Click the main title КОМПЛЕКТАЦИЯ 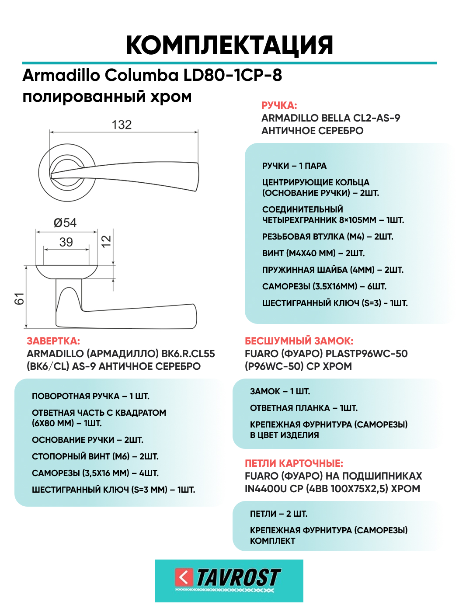tap(229, 45)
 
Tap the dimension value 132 tap(122, 125)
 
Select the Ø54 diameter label tap(65, 223)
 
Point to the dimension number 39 tap(66, 242)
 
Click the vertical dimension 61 tap(20, 299)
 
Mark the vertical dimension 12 tap(106, 241)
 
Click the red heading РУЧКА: tap(279, 105)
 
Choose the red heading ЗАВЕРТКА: tap(53, 341)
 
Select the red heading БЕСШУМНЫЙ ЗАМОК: tap(299, 341)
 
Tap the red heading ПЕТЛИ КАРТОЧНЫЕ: tap(294, 463)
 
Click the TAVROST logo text tap(238, 578)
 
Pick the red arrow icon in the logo tap(184, 577)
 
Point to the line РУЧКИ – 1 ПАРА tap(294, 166)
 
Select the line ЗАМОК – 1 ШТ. tap(280, 392)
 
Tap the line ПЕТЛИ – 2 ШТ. tap(278, 514)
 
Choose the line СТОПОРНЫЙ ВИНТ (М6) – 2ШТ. tap(95, 457)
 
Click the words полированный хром tap(107, 97)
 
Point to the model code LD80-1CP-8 tap(233, 75)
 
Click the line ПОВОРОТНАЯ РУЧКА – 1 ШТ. tap(90, 396)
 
